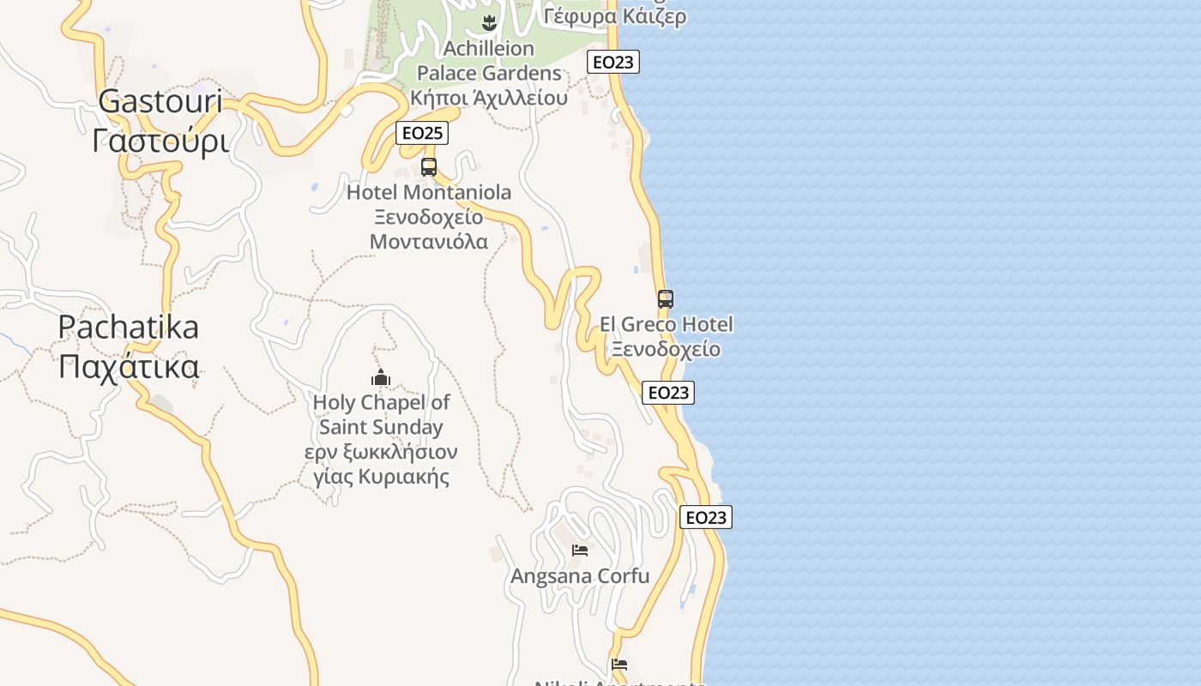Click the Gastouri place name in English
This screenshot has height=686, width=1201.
(160, 101)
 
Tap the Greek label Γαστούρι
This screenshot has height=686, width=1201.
(160, 141)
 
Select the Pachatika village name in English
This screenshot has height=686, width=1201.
(129, 327)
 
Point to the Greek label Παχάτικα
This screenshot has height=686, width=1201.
(129, 367)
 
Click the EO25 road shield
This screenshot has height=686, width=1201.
(423, 133)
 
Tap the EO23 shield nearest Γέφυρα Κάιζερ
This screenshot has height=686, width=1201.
(613, 62)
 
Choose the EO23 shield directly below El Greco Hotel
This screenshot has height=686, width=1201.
(667, 393)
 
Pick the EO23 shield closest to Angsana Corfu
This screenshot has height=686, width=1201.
(706, 517)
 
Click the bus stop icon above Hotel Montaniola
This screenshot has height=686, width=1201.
(429, 166)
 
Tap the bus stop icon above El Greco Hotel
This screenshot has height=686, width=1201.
(666, 299)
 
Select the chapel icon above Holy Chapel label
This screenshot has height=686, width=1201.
(381, 377)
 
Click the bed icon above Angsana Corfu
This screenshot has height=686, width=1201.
(580, 550)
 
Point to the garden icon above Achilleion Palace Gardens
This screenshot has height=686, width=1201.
(490, 22)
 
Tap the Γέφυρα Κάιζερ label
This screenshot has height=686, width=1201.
(615, 16)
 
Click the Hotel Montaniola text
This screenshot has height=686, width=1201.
(429, 192)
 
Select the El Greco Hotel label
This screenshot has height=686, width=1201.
(667, 324)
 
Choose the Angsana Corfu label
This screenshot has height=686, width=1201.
(580, 576)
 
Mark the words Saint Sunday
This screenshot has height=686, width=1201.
(381, 427)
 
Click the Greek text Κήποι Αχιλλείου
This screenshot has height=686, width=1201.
(489, 98)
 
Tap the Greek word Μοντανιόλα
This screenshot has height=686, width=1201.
(429, 242)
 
